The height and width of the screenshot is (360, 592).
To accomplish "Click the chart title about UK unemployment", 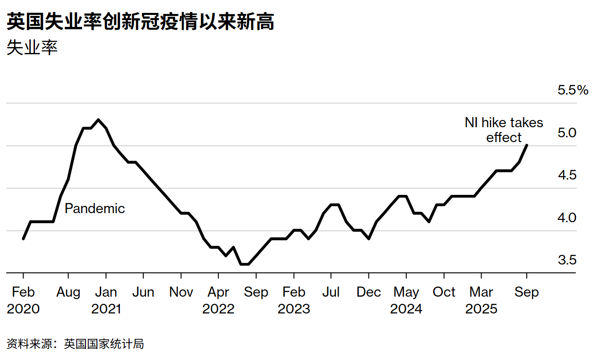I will pos(141,22).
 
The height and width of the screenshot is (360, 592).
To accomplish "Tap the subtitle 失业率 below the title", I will pos(32,48).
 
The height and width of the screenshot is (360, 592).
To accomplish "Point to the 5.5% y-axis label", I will pos(572,90).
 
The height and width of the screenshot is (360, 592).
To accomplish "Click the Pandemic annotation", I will pos(95,209).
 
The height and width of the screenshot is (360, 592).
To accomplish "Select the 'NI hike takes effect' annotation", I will pos(504,130).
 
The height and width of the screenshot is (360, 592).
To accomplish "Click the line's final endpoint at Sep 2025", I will pos(527,145).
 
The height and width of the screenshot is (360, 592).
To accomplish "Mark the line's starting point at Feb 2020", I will pos(23,239).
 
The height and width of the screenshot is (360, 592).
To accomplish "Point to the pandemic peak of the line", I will pos(98,120).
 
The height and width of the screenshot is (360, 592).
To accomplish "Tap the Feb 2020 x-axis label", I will pos(23,300).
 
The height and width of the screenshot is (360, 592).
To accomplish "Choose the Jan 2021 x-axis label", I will pos(106,300).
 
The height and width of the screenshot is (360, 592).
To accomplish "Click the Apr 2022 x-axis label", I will pos(218,300).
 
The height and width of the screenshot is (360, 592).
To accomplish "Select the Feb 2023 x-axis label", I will pos(294,300).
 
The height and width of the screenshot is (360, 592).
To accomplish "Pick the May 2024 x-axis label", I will pos(406,300).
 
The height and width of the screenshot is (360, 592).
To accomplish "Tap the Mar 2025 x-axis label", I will pos(481,300).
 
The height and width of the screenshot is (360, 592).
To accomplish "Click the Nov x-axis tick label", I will pos(181,292).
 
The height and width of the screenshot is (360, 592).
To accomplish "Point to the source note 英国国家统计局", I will pos(104,344).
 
